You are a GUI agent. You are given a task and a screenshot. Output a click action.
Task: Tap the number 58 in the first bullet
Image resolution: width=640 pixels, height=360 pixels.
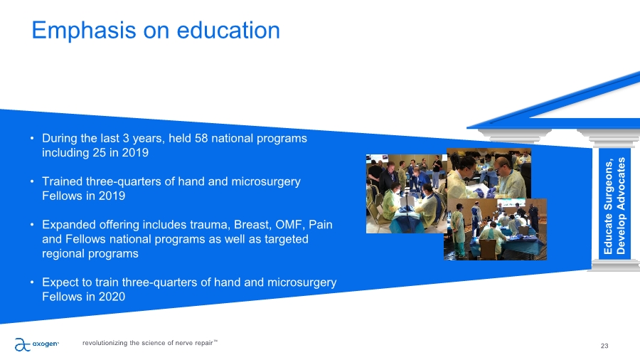(201, 138)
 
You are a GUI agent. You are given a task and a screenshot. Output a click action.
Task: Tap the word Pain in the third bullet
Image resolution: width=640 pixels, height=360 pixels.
(321, 225)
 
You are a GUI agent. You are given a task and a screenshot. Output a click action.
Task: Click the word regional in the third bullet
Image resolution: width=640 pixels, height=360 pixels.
(63, 254)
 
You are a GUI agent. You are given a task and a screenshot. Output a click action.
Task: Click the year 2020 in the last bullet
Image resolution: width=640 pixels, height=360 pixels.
(112, 297)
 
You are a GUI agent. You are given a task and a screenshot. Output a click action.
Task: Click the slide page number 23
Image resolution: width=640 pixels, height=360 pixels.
(604, 346)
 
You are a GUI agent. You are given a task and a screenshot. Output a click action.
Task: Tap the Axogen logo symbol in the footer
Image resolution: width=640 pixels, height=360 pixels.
(23, 344)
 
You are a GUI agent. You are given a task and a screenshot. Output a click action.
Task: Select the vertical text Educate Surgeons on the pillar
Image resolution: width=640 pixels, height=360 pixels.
(608, 207)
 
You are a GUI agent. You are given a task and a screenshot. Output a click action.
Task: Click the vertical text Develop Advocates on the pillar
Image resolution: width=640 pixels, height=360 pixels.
(621, 206)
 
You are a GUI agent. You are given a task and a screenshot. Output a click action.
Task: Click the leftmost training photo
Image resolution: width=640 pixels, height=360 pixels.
(407, 194)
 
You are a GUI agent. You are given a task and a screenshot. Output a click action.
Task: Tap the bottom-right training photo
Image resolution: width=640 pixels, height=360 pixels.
(495, 229)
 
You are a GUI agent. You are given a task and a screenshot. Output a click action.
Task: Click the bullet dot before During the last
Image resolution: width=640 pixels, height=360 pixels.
(32, 138)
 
